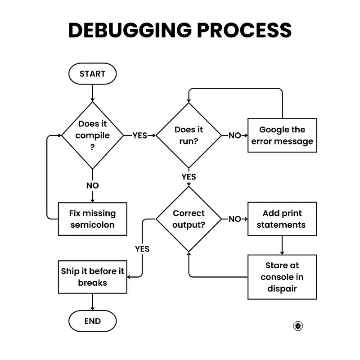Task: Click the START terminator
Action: click(92, 74)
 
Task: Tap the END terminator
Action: click(92, 321)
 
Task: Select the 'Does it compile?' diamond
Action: click(92, 135)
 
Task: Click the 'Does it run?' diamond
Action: click(189, 135)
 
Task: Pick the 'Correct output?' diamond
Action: click(189, 219)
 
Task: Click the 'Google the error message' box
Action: click(282, 135)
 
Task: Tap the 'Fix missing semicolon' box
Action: click(93, 219)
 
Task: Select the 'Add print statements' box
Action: click(282, 219)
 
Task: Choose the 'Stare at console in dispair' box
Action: click(282, 277)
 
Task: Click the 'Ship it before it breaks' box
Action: click(93, 277)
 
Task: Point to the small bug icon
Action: click(297, 326)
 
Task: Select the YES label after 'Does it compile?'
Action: click(139, 135)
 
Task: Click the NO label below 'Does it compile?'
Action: click(92, 185)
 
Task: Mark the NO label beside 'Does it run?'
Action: click(234, 135)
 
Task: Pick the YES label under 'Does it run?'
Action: click(189, 177)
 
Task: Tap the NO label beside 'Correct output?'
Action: click(234, 219)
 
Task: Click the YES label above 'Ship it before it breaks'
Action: click(142, 249)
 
